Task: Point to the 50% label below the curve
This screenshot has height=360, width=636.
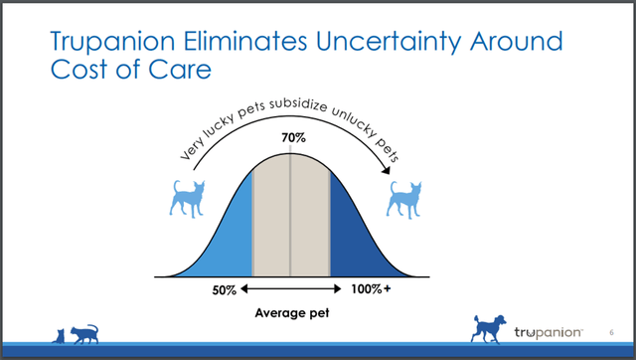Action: pyautogui.click(x=222, y=290)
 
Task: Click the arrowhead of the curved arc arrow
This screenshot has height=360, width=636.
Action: pyautogui.click(x=387, y=176)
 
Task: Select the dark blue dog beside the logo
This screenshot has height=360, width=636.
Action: pyautogui.click(x=491, y=327)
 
